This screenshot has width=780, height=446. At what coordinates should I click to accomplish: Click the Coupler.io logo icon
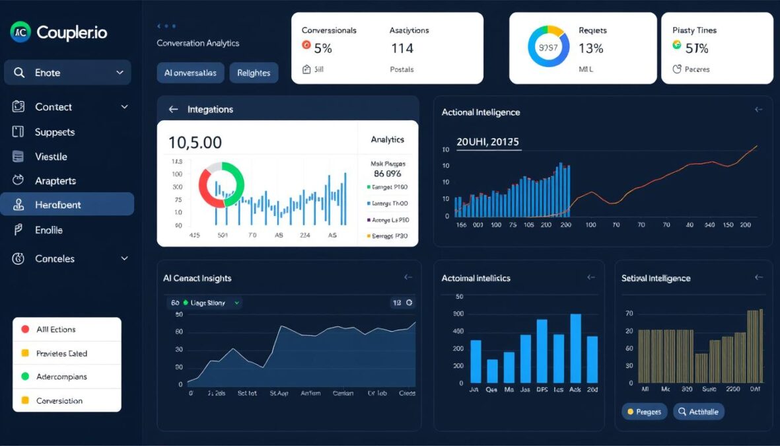point(20,31)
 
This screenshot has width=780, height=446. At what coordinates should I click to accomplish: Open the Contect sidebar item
point(53,107)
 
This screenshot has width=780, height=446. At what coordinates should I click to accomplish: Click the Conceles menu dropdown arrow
point(124,259)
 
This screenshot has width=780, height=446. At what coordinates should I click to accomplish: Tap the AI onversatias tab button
point(190,73)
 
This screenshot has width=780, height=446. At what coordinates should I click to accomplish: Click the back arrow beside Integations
point(173,110)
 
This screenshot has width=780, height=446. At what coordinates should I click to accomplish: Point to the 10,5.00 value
point(195,142)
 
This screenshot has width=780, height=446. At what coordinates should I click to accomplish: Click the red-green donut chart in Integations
point(221,184)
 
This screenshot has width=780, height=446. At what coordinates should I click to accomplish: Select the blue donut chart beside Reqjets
point(548,48)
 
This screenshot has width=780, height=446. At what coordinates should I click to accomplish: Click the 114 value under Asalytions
point(402,48)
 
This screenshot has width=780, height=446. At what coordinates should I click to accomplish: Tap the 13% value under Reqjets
point(590,48)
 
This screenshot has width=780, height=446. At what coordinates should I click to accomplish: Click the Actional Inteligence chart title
point(480,112)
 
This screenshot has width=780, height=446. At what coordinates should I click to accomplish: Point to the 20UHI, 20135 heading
point(487,142)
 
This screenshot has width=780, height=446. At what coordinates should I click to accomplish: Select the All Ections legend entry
point(56,329)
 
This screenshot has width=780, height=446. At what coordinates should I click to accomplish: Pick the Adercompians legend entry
point(61,377)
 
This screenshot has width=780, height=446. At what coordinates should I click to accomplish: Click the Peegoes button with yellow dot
point(645,412)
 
